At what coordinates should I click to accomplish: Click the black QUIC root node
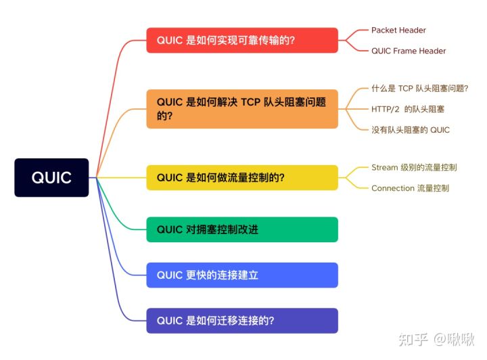(x=51, y=177)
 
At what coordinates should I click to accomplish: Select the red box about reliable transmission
(x=242, y=40)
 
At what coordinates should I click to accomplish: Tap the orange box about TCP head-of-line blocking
(x=242, y=109)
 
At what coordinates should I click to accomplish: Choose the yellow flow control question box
(x=242, y=177)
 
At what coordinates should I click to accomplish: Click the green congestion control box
(x=242, y=229)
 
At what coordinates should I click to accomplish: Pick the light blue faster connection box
(x=242, y=275)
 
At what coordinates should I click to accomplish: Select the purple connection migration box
(x=242, y=321)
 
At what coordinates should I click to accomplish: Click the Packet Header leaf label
(x=398, y=30)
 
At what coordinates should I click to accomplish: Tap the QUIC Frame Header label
(x=409, y=51)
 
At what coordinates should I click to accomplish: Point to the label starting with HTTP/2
(x=408, y=109)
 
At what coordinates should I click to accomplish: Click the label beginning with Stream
(x=414, y=167)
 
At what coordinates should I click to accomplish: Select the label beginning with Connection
(x=411, y=188)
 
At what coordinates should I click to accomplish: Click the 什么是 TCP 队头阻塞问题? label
(x=419, y=89)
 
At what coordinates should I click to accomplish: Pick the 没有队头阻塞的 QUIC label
(x=411, y=130)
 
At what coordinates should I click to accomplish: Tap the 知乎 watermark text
(x=413, y=339)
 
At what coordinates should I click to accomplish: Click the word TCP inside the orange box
(x=250, y=102)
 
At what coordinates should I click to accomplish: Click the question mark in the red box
(x=292, y=40)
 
